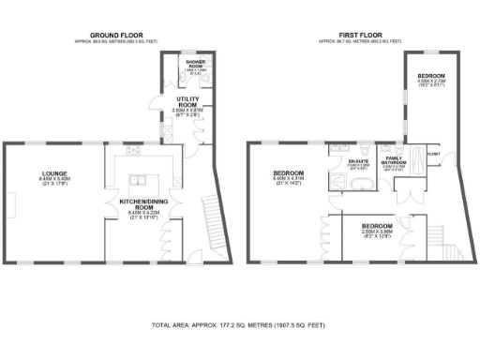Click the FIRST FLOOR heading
pyautogui.click(x=361, y=37)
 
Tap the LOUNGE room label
pyautogui.click(x=53, y=173)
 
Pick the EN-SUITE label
pyautogui.click(x=357, y=161)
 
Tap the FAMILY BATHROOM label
pyautogui.click(x=393, y=161)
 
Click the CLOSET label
pyautogui.click(x=433, y=153)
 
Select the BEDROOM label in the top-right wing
pyautogui.click(x=430, y=75)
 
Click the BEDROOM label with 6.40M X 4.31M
pyautogui.click(x=288, y=174)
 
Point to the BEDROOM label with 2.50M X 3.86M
pyautogui.click(x=378, y=227)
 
